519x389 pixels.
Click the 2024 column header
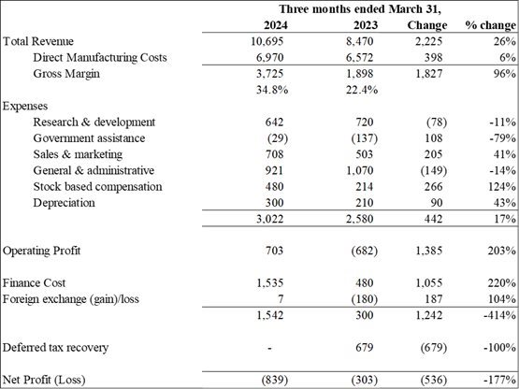tap(275, 25)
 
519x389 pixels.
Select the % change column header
tap(491, 25)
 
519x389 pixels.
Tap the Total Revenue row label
tap(38, 41)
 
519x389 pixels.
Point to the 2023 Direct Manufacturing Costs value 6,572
tap(359, 58)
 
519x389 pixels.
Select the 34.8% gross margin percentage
tap(272, 90)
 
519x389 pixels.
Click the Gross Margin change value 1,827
tap(429, 74)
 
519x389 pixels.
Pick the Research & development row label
tap(94, 122)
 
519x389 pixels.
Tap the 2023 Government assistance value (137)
tap(364, 138)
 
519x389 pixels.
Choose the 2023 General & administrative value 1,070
tap(359, 170)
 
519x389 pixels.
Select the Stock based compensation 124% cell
tap(502, 187)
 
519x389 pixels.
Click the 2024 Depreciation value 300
tap(274, 203)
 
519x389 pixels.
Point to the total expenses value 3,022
tap(269, 219)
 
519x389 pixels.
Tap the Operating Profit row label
tap(41, 251)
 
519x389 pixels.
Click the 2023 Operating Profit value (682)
tap(364, 251)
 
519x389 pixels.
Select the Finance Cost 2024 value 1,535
tap(269, 283)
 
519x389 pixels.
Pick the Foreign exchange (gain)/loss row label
tap(70, 299)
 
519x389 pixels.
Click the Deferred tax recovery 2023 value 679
tap(364, 348)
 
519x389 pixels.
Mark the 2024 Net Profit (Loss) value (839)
tap(275, 380)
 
